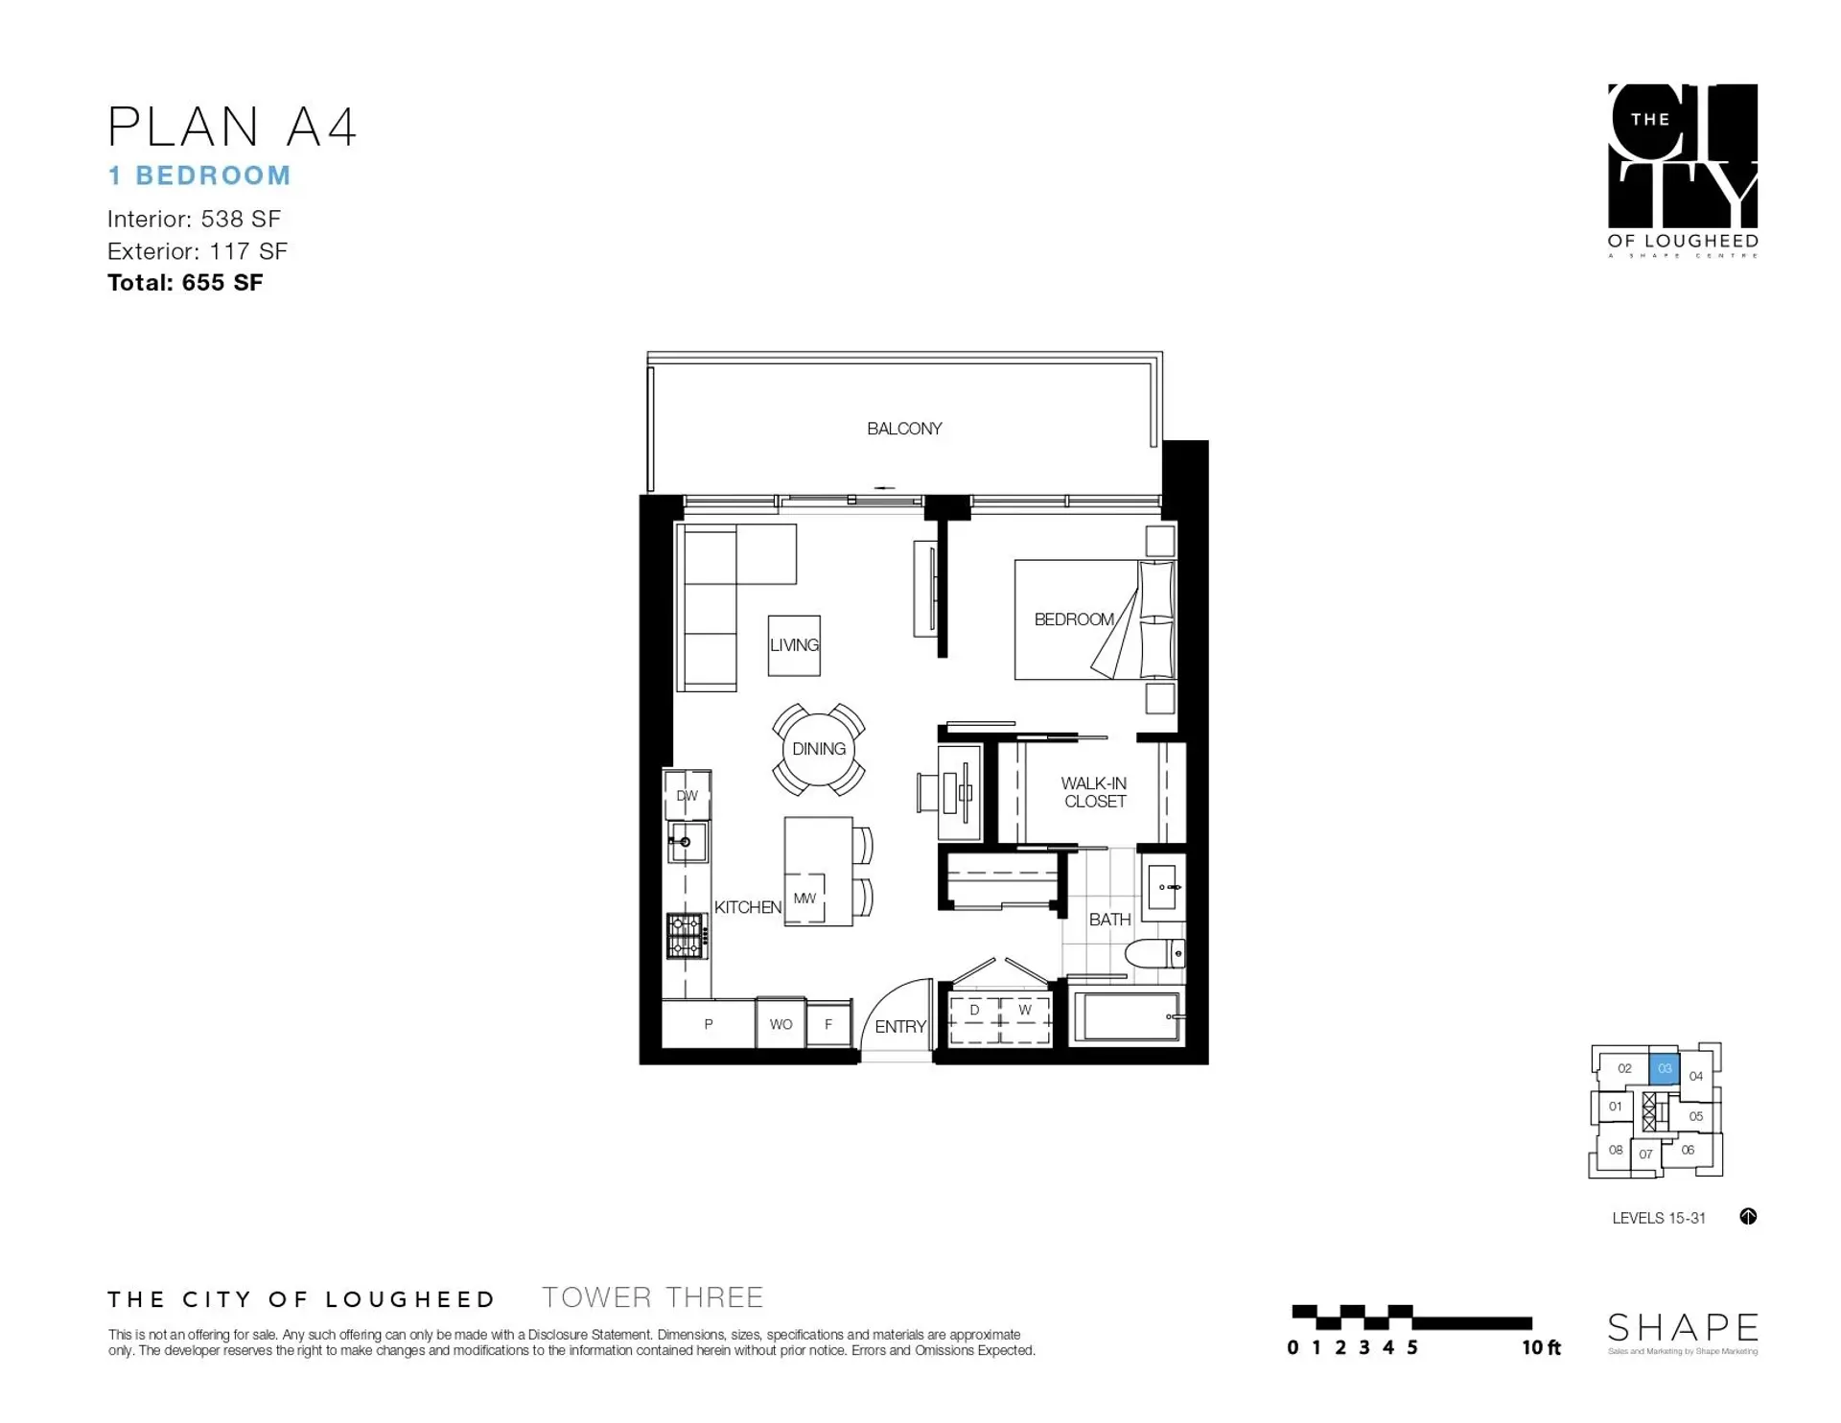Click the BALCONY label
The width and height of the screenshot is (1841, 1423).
coord(904,429)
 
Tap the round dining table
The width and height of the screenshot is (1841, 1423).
coord(818,749)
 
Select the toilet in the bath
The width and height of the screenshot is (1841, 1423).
coord(1154,953)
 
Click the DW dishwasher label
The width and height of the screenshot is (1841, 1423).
coord(687,795)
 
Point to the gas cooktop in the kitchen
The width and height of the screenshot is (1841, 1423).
coord(687,935)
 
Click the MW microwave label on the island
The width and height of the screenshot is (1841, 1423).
coord(804,898)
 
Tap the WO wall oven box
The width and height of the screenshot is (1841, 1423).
coord(781,1024)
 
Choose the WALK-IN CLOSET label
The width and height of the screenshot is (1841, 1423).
coord(1094,792)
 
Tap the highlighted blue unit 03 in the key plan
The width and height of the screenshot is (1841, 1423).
coord(1665,1068)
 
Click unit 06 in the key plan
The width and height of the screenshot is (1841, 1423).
coord(1688,1150)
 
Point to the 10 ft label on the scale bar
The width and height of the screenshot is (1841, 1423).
coord(1541,1348)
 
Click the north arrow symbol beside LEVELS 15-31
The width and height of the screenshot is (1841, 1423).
coord(1748,1217)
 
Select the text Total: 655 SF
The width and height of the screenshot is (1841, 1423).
coord(185,283)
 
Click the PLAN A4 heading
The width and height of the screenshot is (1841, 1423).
coord(232,127)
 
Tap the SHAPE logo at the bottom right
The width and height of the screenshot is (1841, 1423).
coord(1682,1328)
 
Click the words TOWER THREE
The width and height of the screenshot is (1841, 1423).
coord(652,1297)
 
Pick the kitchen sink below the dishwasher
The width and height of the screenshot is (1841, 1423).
coord(687,841)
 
